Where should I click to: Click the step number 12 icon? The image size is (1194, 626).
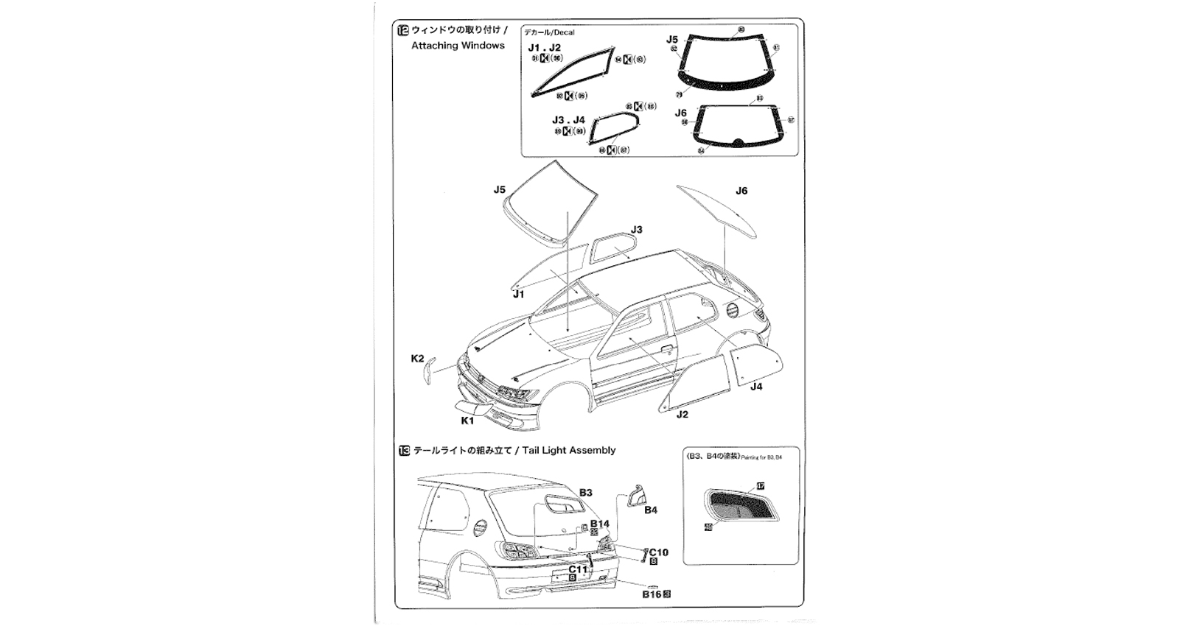(x=403, y=30)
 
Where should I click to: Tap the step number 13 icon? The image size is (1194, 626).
(x=404, y=451)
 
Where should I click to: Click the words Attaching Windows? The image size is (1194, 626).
(x=458, y=46)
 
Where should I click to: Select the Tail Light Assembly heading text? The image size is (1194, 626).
(x=568, y=450)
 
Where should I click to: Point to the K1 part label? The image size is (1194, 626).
(x=467, y=421)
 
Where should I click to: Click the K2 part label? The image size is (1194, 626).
(x=417, y=359)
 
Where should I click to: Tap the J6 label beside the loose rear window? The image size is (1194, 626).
(x=741, y=191)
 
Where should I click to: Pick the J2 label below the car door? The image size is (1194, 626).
(x=682, y=415)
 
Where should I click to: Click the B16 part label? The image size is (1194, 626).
(x=652, y=594)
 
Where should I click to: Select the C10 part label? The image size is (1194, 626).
(x=658, y=552)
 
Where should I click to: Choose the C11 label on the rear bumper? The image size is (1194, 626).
(x=578, y=569)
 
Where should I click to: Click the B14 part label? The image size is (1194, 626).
(x=600, y=524)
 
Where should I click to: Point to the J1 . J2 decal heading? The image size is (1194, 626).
(x=545, y=48)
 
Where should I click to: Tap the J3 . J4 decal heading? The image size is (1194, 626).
(x=568, y=120)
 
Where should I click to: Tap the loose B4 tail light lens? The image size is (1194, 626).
(x=636, y=496)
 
